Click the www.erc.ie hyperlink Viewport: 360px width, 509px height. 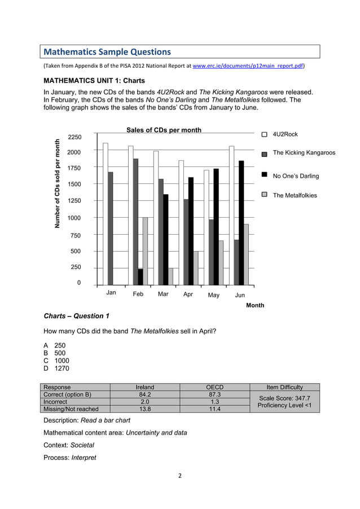pyautogui.click(x=248, y=66)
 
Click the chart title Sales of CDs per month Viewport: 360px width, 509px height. pyautogui.click(x=164, y=130)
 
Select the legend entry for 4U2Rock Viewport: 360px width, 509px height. pyautogui.click(x=285, y=134)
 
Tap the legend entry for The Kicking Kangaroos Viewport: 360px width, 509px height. pyautogui.click(x=304, y=153)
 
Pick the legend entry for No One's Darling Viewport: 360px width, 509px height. pyautogui.click(x=296, y=176)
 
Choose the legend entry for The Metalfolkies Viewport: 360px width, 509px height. pyautogui.click(x=295, y=195)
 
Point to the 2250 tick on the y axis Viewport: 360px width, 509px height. pyautogui.click(x=74, y=137)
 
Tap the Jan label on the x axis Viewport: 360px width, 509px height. pyautogui.click(x=111, y=293)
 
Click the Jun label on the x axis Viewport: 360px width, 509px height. pyautogui.click(x=240, y=295)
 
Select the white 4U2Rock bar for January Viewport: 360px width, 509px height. pyautogui.click(x=105, y=214)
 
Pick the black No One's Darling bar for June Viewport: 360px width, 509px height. pyautogui.click(x=241, y=223)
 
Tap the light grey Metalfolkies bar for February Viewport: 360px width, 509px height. pyautogui.click(x=145, y=251)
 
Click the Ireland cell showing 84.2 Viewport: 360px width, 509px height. pyautogui.click(x=145, y=394)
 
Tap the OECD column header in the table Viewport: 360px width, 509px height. pyautogui.click(x=214, y=387)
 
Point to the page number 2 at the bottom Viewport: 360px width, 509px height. pyautogui.click(x=180, y=476)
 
